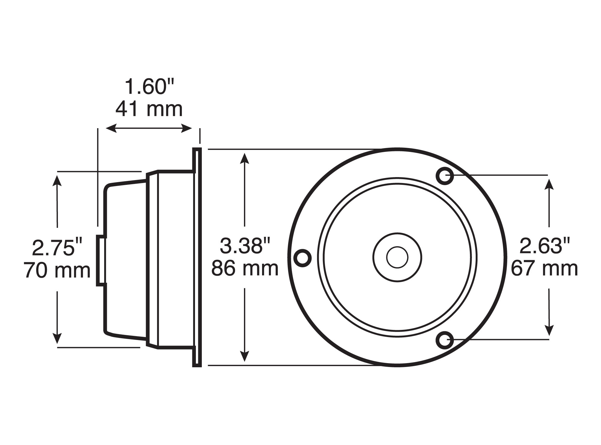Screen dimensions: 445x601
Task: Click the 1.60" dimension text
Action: pyautogui.click(x=149, y=87)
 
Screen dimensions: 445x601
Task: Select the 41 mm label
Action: pyautogui.click(x=149, y=109)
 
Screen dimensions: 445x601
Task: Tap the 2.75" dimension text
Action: pyautogui.click(x=57, y=248)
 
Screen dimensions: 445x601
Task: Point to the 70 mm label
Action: pyautogui.click(x=57, y=270)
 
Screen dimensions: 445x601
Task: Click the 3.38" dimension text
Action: pyautogui.click(x=245, y=246)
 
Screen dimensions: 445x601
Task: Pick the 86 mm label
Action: pyautogui.click(x=245, y=268)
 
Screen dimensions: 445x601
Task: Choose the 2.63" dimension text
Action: pyautogui.click(x=545, y=246)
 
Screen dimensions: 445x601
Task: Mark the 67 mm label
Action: pyautogui.click(x=545, y=268)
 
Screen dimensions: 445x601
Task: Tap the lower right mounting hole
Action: pyautogui.click(x=445, y=341)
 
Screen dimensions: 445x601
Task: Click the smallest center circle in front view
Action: pyautogui.click(x=397, y=257)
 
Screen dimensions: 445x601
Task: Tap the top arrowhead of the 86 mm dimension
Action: pyautogui.click(x=244, y=158)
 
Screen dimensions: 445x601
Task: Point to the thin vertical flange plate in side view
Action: pyautogui.click(x=197, y=257)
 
